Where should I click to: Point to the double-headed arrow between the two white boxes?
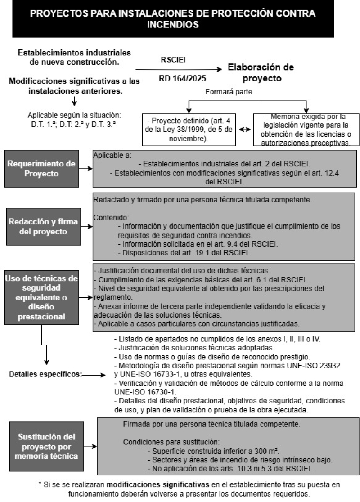[244, 130]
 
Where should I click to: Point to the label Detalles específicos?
[45, 374]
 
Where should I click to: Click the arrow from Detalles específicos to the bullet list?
[95, 374]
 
